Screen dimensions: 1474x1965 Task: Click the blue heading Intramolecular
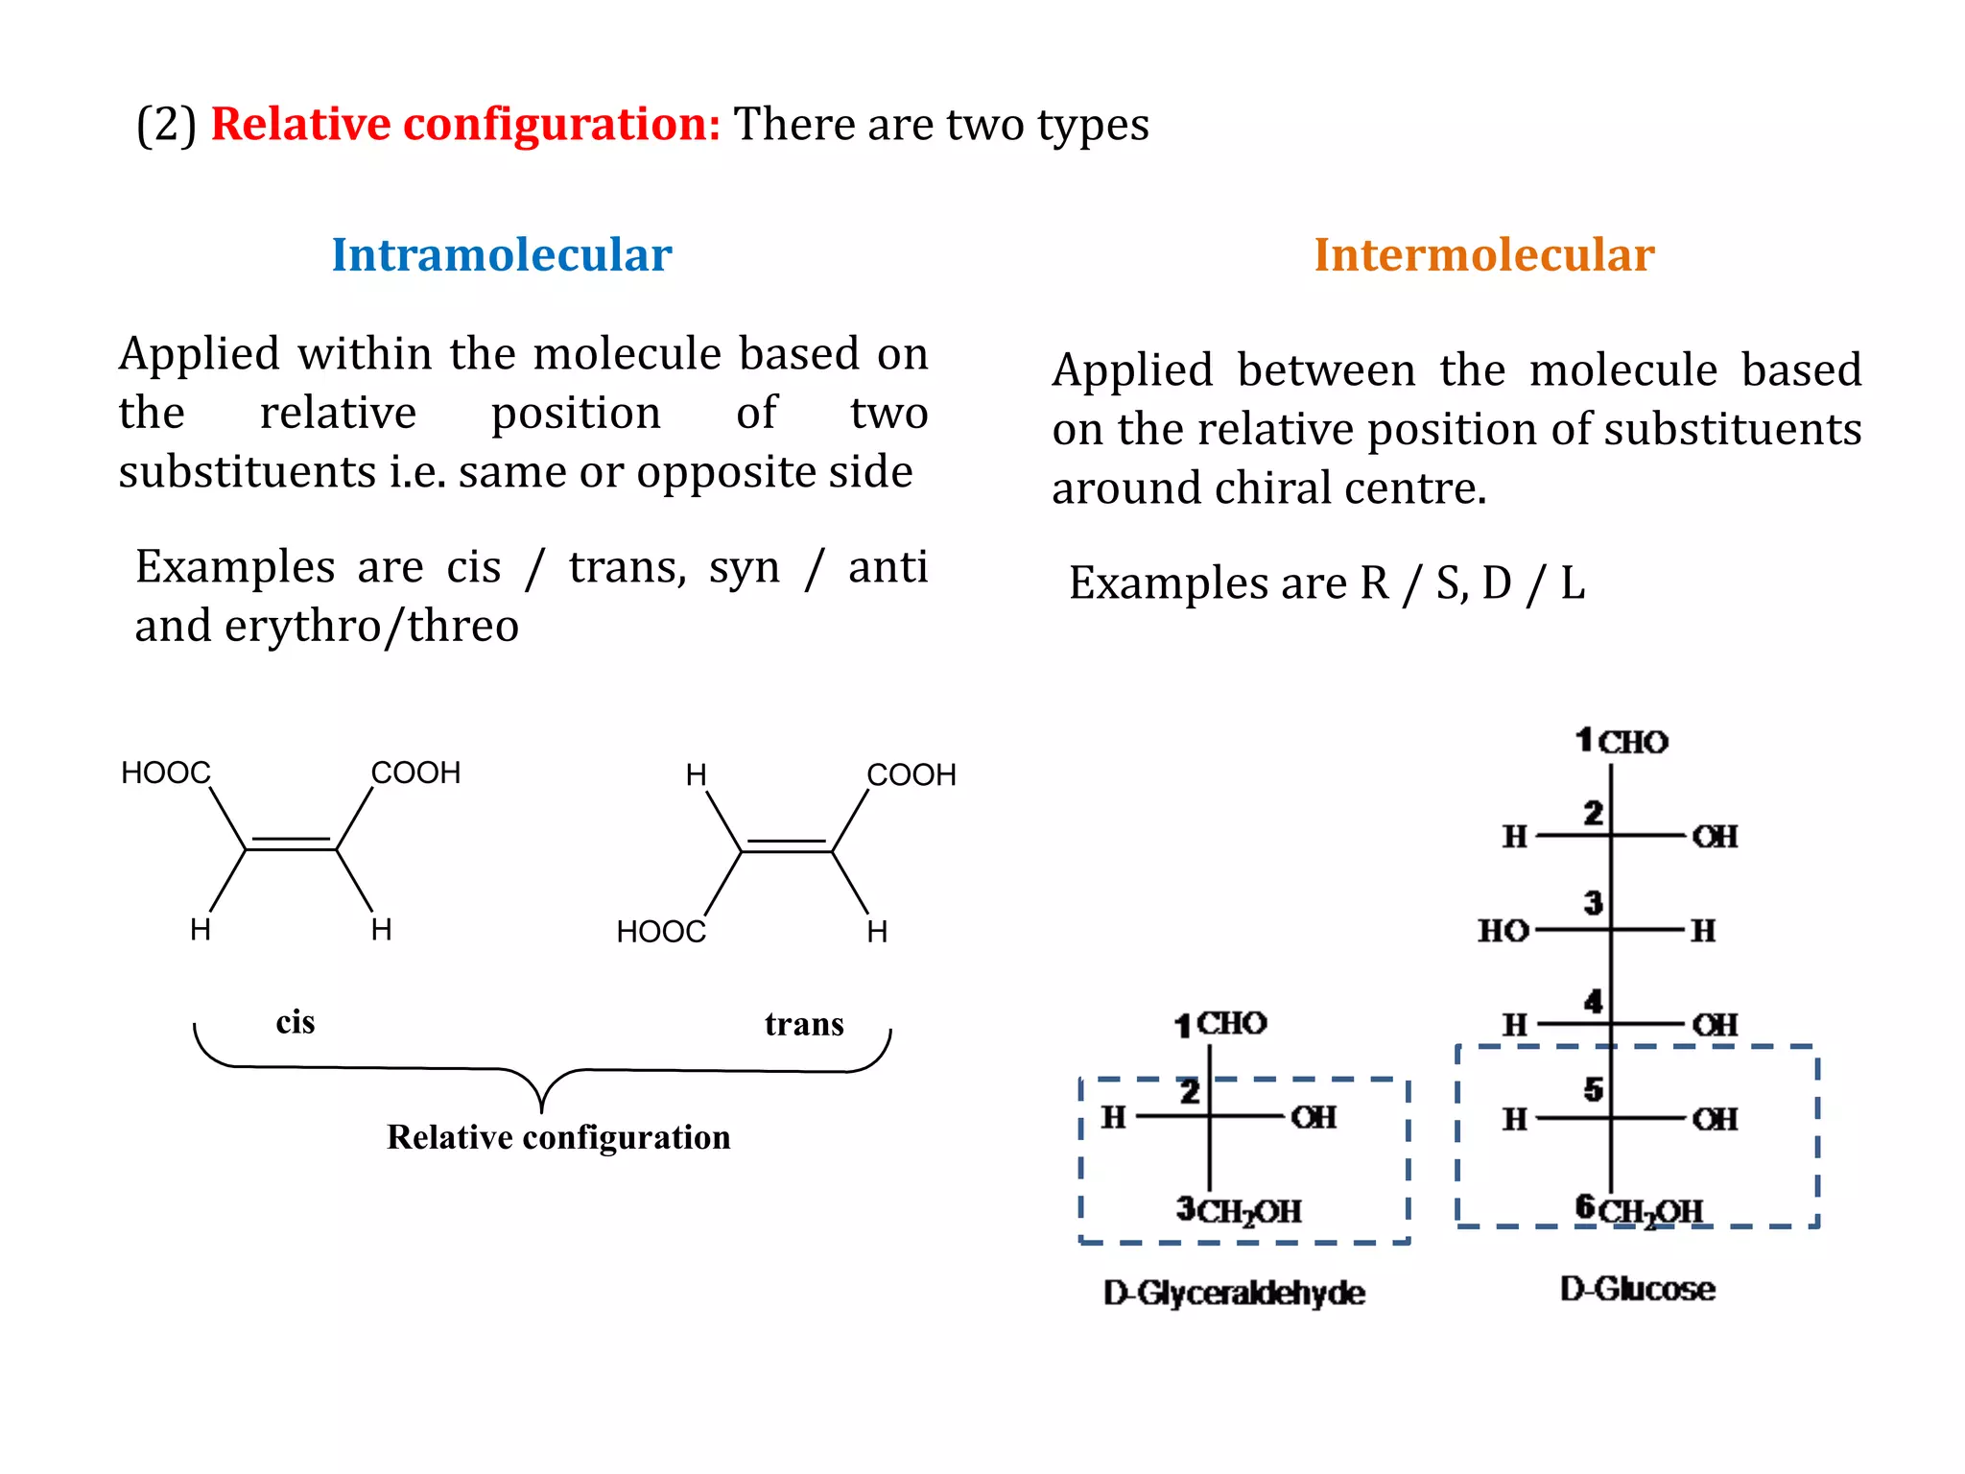tap(501, 255)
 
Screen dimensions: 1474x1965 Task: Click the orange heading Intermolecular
tap(1483, 255)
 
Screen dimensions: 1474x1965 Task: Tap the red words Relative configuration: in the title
tap(465, 125)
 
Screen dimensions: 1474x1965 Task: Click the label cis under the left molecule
tap(295, 1022)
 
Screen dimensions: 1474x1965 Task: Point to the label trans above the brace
tap(804, 1024)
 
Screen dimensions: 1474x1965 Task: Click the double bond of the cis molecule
tap(291, 844)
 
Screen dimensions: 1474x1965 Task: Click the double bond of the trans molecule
tap(787, 846)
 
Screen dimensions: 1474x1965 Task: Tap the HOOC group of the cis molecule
tap(165, 773)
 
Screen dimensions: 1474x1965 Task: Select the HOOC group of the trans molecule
tap(661, 932)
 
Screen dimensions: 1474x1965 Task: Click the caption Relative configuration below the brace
tap(558, 1137)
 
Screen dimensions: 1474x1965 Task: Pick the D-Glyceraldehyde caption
tap(1234, 1293)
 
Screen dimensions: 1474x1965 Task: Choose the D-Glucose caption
tap(1637, 1289)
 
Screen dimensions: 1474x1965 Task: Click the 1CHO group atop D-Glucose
tap(1622, 742)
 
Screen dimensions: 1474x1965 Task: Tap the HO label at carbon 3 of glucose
tap(1503, 931)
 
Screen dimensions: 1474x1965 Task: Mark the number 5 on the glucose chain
tap(1593, 1090)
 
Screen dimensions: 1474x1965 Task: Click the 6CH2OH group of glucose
tap(1639, 1210)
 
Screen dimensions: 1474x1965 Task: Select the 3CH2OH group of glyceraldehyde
tap(1239, 1211)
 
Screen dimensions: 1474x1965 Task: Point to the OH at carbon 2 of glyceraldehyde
tap(1314, 1118)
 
